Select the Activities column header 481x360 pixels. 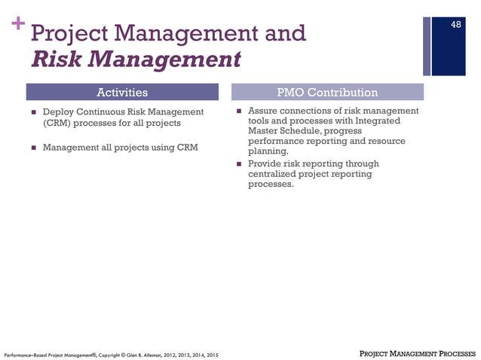coord(123,93)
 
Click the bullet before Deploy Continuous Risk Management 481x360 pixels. coord(34,112)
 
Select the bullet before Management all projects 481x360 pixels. coord(34,148)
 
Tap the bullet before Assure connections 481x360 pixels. coord(239,111)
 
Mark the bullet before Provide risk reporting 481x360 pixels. coord(239,163)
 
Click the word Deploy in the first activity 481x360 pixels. coord(58,112)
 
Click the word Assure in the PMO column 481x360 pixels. coord(264,111)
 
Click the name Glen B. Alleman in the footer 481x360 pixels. coord(133,353)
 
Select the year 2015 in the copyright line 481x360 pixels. coord(212,353)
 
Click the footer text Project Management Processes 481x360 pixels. coord(416,352)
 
